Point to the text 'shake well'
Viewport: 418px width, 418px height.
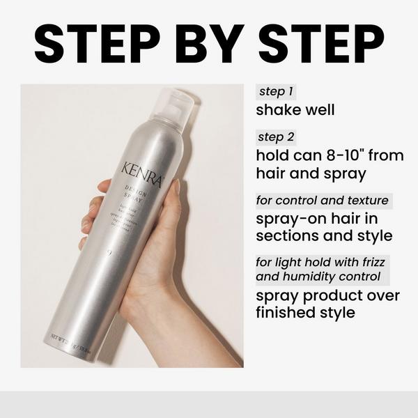pos(295,110)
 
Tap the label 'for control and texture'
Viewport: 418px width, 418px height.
pos(323,201)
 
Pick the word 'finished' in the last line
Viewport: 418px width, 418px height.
pos(286,312)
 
